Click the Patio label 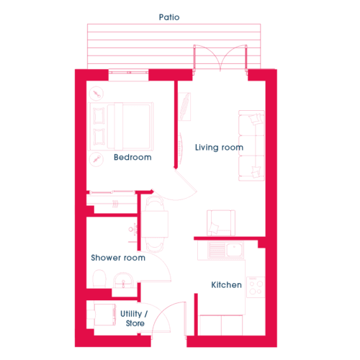point(169,17)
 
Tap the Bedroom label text point(132,157)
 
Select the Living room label point(219,148)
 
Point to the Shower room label point(118,258)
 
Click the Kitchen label point(226,285)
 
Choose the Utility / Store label point(134,318)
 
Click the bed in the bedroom point(121,127)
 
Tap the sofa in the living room point(251,145)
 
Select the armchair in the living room point(221,223)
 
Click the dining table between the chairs point(155,224)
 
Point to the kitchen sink point(226,249)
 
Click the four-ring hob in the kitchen point(256,287)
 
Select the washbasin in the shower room point(123,280)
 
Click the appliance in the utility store point(105,315)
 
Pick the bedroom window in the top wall point(128,72)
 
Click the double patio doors point(220,58)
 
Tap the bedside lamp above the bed point(96,94)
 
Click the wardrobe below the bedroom point(112,202)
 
